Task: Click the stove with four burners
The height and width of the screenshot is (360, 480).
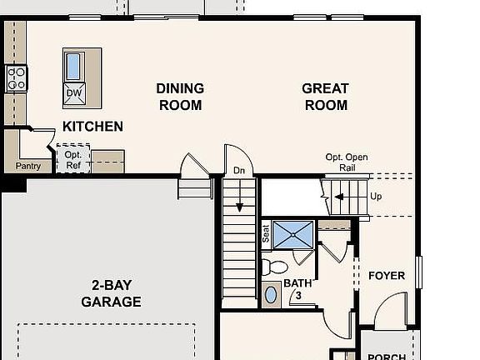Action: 17,78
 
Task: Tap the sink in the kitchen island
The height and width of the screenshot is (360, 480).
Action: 73,66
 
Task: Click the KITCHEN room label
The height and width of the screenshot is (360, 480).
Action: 92,127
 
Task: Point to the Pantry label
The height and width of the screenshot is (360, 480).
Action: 28,166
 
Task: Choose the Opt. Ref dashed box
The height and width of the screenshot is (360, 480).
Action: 72,159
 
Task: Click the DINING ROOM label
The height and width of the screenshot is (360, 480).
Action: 180,97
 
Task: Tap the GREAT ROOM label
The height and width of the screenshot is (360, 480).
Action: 325,97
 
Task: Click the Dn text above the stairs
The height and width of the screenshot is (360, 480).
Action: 239,171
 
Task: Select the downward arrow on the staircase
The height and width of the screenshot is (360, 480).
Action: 239,198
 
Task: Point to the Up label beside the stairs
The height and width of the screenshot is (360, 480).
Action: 376,197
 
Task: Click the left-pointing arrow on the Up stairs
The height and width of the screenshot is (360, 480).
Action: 340,197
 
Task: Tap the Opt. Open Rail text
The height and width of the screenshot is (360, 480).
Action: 347,162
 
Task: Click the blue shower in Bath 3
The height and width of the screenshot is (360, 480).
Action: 293,234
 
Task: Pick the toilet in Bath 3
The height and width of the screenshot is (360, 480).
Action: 274,267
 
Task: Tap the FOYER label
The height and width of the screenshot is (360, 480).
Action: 387,276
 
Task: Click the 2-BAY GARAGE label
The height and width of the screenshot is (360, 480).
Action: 111,292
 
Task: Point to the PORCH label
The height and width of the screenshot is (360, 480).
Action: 387,357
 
